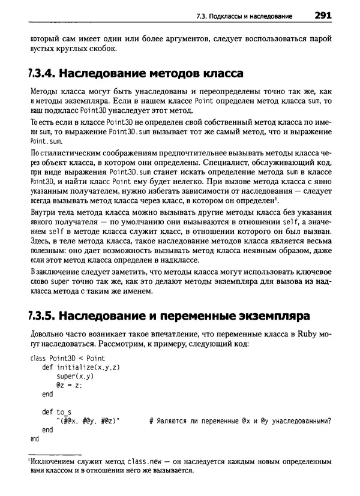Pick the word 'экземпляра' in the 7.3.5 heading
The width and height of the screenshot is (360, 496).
[x=272, y=314]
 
